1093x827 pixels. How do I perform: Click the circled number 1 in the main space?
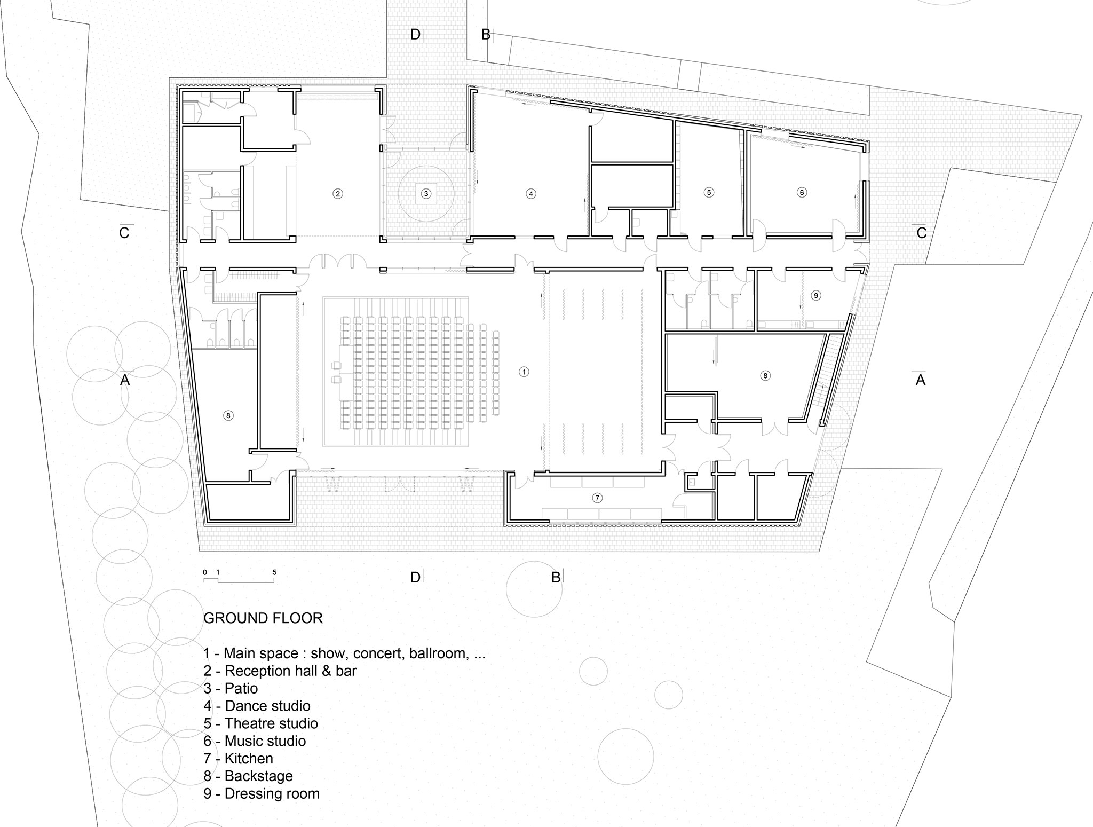(524, 372)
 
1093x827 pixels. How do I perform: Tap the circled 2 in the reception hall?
(337, 194)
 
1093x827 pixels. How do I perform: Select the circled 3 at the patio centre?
(426, 194)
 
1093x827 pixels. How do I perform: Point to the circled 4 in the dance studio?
(530, 194)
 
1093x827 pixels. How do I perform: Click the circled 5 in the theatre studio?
(709, 192)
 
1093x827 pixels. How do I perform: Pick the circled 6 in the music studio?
(802, 192)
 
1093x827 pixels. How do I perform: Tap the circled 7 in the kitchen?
(597, 498)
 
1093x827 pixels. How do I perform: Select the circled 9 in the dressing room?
(815, 295)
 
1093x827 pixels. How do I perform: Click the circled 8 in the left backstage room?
(228, 415)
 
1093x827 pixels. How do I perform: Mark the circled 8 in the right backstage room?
(765, 376)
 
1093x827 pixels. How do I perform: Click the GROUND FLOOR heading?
(263, 618)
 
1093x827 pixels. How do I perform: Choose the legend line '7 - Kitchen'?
(238, 758)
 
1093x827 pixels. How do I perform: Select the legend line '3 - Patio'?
(231, 688)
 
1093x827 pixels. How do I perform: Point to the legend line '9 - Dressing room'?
(262, 793)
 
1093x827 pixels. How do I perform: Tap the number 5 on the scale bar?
(274, 572)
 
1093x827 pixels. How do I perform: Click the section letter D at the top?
(415, 35)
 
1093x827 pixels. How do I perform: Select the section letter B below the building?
(556, 577)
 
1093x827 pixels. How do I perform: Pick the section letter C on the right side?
(921, 233)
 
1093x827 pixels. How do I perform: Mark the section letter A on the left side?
(125, 380)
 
